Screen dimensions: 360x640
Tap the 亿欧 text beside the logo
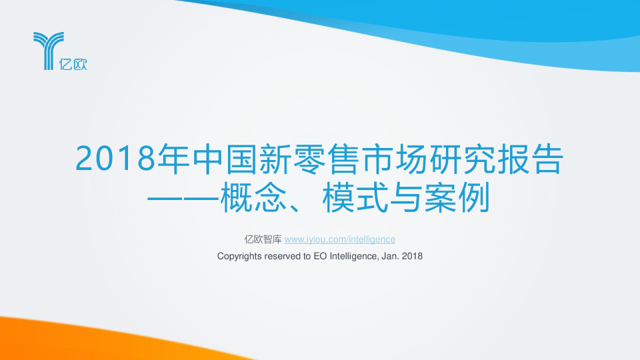pos(75,64)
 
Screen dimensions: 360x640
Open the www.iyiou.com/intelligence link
pos(340,239)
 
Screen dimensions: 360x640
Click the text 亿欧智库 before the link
pos(263,239)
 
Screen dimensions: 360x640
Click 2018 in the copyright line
pos(413,256)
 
